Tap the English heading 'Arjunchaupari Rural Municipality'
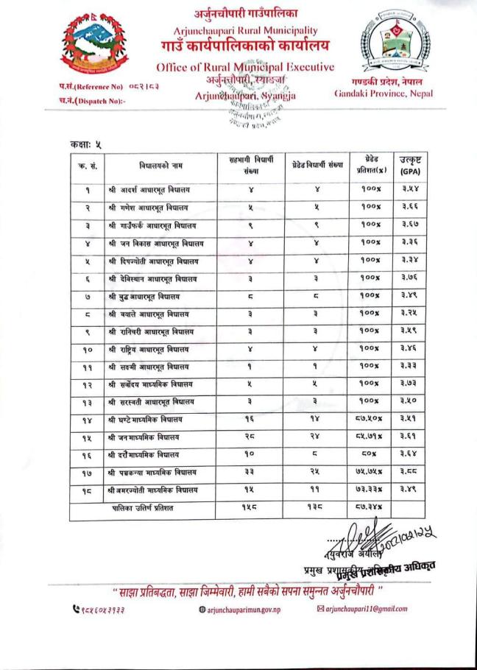(x=246, y=31)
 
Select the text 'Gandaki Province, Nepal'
(x=384, y=94)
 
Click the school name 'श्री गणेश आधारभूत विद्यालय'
(x=148, y=207)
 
